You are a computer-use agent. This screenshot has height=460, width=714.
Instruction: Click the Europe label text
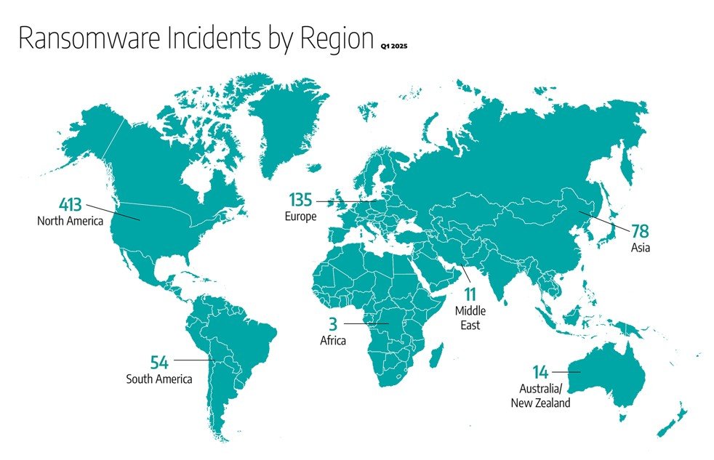pos(302,216)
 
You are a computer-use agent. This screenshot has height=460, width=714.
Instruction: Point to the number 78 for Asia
pos(640,232)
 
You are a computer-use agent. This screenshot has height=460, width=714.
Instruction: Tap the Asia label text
pos(641,249)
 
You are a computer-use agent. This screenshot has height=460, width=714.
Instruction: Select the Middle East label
pos(470,318)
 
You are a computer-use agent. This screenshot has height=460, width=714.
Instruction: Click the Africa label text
pos(332,339)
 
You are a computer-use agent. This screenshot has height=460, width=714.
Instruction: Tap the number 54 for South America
pos(160,361)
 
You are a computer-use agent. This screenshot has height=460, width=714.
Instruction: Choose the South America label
pos(159,379)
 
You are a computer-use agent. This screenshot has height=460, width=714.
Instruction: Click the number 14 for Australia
pos(540,373)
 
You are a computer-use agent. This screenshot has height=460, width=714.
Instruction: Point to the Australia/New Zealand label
pos(540,396)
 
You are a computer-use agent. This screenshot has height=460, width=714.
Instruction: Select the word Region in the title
pos(332,39)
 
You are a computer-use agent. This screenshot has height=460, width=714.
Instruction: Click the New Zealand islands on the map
pos(673,422)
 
